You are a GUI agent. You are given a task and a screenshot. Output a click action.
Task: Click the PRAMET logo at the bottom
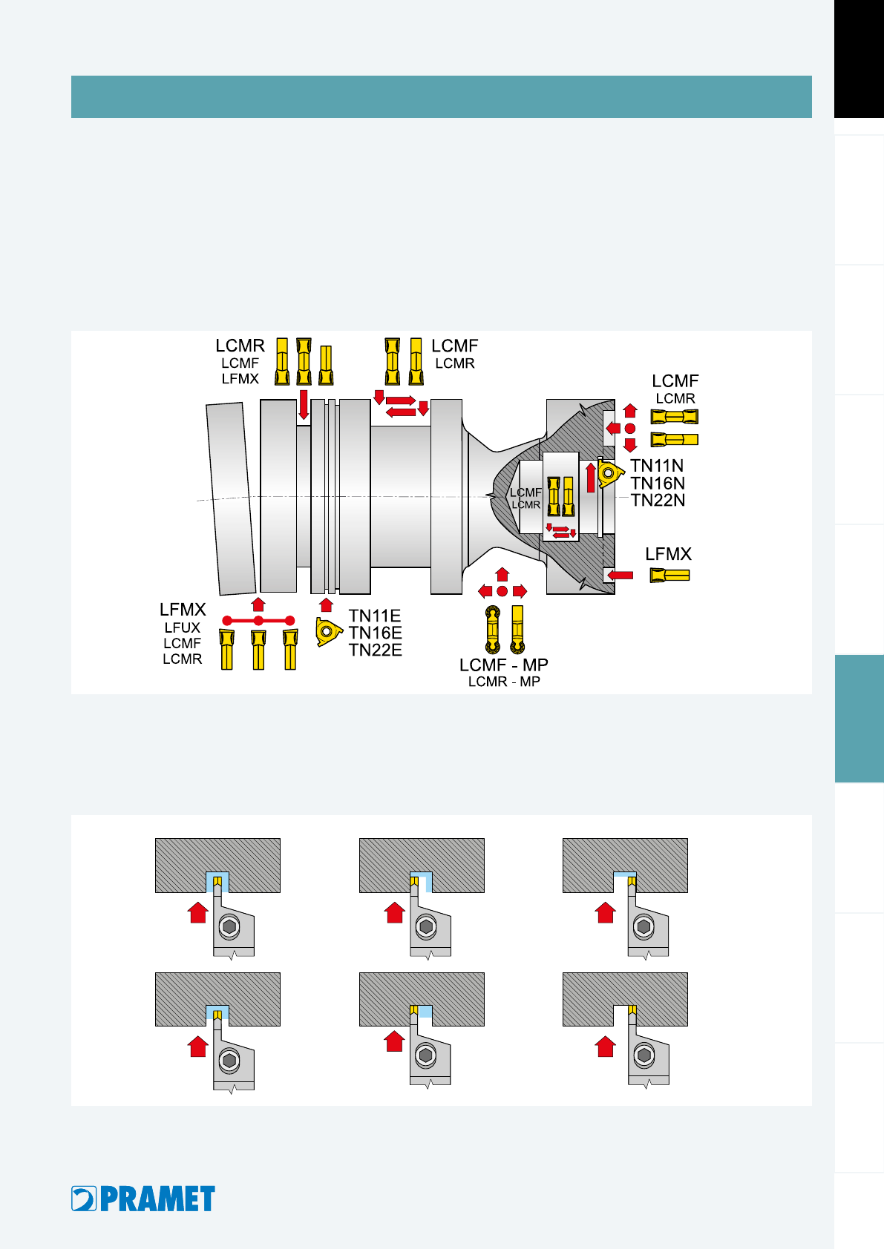pos(143,1199)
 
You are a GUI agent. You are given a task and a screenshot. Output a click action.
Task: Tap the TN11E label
pos(375,616)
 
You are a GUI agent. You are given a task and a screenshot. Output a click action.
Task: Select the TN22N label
pos(658,500)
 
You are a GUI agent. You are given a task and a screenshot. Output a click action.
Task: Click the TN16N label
pos(658,483)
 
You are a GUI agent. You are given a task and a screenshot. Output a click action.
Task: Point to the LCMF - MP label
pos(503,665)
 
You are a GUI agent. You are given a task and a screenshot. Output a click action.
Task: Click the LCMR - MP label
pos(504,682)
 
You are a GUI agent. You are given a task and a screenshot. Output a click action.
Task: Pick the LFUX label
pos(182,627)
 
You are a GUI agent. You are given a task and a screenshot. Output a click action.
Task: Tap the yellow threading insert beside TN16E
pos(328,632)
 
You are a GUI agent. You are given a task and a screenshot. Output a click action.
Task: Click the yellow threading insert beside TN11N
pos(610,473)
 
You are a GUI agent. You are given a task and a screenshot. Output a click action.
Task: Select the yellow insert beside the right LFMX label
pos(669,575)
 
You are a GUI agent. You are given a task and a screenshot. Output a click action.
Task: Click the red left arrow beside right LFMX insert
pos(620,575)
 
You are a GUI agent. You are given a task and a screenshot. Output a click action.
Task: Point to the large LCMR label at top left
pos(240,346)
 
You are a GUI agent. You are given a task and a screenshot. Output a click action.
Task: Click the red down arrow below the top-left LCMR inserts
pos(304,404)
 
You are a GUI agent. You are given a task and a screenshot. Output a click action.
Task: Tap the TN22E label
pos(375,650)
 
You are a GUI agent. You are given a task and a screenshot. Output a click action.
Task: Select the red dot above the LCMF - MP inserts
pos(502,591)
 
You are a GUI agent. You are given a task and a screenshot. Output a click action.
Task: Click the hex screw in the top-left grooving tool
pos(229,926)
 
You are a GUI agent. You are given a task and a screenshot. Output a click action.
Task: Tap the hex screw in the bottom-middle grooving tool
pos(426,1055)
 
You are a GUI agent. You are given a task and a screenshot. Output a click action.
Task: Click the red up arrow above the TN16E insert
pos(326,605)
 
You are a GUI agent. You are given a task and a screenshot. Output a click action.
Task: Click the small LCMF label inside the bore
pos(526,492)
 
